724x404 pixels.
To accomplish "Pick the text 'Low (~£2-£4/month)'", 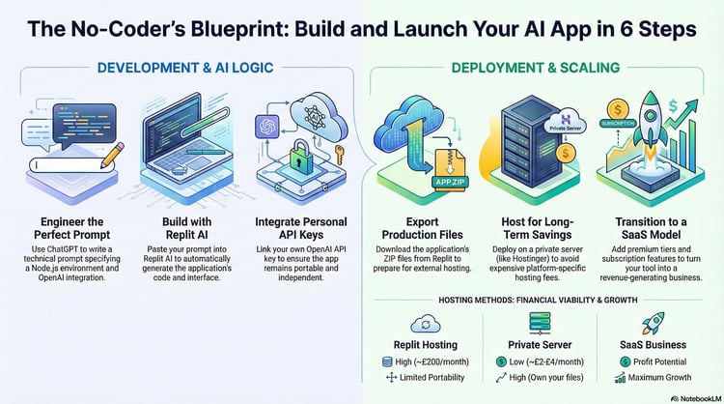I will (x=546, y=361).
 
